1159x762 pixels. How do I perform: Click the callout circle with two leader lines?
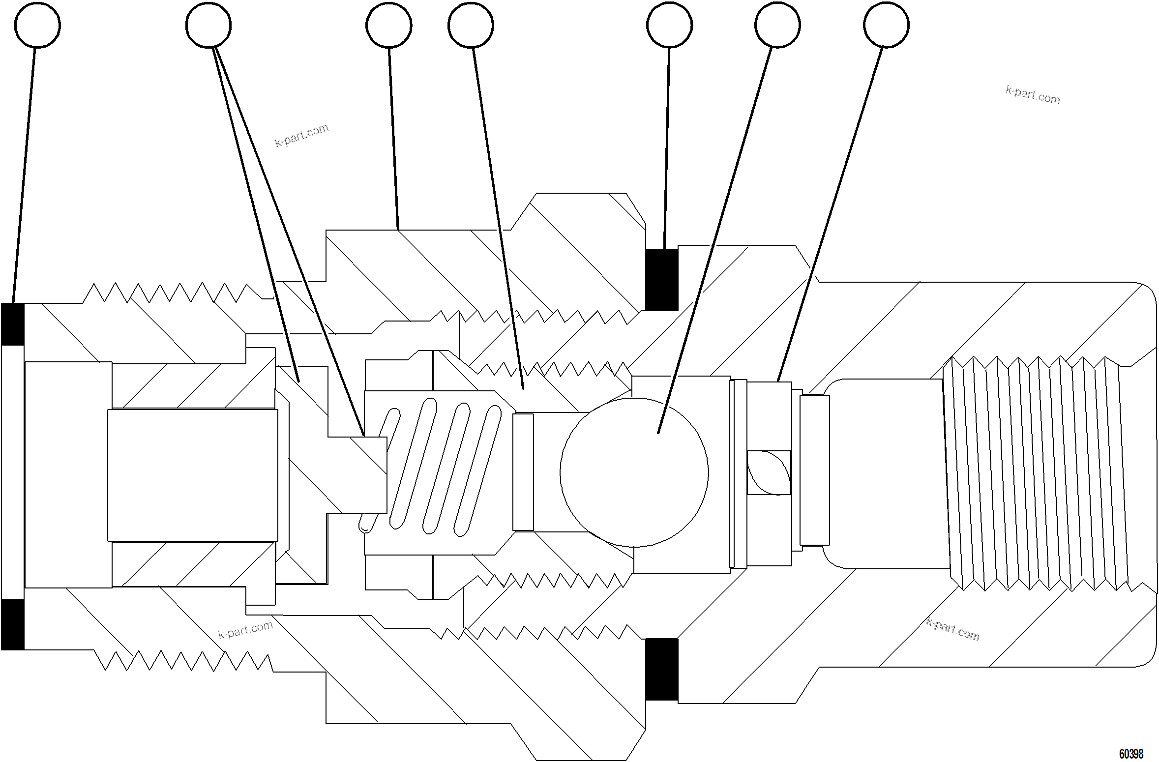[208, 25]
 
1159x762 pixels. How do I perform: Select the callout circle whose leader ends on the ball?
[777, 25]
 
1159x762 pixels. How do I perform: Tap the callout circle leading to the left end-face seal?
[38, 25]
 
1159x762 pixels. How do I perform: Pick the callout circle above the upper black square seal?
[669, 25]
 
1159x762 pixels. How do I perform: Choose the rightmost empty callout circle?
[886, 25]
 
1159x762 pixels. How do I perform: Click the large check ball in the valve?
[634, 472]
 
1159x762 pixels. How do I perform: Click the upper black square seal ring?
[661, 279]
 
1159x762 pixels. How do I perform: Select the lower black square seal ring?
[661, 669]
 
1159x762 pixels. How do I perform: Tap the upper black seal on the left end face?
[13, 324]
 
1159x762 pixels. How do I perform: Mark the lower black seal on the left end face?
[13, 624]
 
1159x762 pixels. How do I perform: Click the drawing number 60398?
[1131, 754]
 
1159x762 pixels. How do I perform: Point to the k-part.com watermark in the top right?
[1033, 95]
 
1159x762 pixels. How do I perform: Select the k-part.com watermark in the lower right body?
[952, 630]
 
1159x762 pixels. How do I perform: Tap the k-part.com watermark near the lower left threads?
[245, 630]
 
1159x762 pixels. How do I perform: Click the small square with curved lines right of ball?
[769, 472]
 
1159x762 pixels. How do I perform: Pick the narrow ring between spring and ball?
[523, 472]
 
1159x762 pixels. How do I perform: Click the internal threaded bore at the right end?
[1033, 472]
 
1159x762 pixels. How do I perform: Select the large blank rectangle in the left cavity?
[192, 475]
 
